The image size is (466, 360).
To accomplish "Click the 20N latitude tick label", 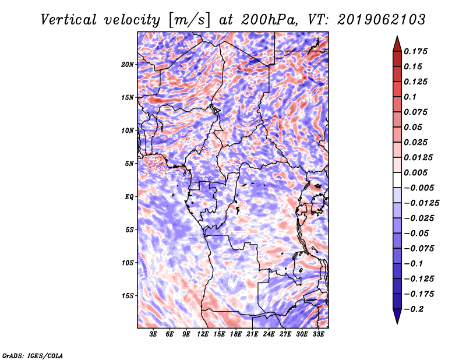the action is [x=128, y=64].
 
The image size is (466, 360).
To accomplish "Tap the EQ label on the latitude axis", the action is [x=129, y=196].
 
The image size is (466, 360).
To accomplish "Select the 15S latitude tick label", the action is [x=128, y=296].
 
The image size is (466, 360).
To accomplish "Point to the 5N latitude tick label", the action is [x=129, y=164].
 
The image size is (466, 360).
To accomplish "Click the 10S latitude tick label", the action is [x=128, y=263].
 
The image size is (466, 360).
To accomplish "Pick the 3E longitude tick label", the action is [x=153, y=334].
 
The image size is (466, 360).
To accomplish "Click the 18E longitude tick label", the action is [x=236, y=334].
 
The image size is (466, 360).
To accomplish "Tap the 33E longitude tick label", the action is [x=318, y=334].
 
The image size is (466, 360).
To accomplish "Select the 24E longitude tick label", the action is [x=269, y=334].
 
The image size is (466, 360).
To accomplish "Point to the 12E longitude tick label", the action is [x=203, y=334].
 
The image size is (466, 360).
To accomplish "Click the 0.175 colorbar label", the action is [x=415, y=51].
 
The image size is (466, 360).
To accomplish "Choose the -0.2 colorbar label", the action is [x=414, y=309].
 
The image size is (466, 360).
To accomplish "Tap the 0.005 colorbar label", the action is [x=415, y=172].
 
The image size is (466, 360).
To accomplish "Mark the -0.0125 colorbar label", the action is [x=422, y=203].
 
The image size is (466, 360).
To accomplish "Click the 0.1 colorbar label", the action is [x=410, y=97].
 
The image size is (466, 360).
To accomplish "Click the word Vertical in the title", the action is [x=69, y=20].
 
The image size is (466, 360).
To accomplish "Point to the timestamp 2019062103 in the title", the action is [x=382, y=20].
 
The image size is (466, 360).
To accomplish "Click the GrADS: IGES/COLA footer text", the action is [x=33, y=355].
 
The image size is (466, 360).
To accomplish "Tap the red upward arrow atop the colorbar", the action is [x=397, y=44].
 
